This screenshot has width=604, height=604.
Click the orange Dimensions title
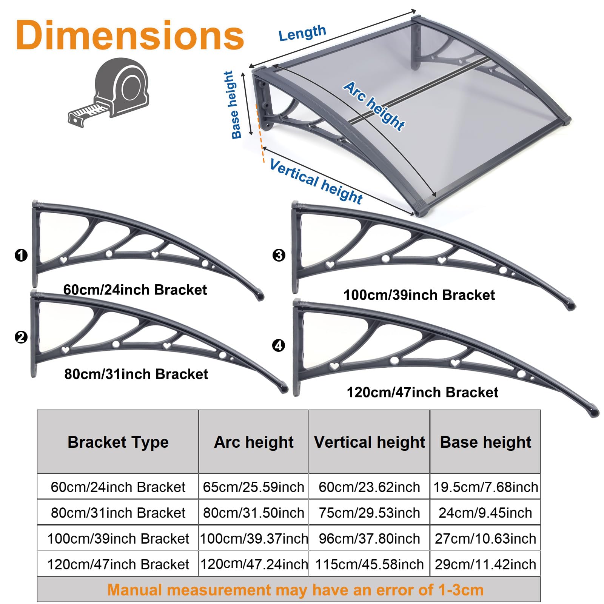point(130,35)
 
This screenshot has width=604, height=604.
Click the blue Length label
point(302,33)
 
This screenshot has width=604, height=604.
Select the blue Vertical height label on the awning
point(316,182)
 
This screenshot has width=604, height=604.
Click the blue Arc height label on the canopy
point(374,106)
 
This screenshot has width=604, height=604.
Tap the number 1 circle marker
point(21,255)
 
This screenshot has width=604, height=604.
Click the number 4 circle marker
point(279,345)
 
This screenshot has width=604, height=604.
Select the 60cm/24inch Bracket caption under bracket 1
point(135,290)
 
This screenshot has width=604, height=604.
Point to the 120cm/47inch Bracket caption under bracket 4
point(422,393)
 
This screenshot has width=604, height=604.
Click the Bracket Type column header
point(118,442)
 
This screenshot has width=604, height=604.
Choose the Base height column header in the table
point(485,442)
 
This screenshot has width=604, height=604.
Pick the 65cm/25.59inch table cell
point(254,487)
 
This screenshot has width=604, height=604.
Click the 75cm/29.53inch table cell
point(369,513)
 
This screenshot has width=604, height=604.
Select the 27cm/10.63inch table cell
point(485,538)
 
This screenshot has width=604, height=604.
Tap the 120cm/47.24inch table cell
point(254,564)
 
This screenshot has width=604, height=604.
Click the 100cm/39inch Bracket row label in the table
point(118,538)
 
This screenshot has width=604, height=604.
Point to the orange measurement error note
point(295,590)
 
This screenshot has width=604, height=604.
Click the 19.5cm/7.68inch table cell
point(485,487)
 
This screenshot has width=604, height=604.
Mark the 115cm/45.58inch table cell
point(369,564)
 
